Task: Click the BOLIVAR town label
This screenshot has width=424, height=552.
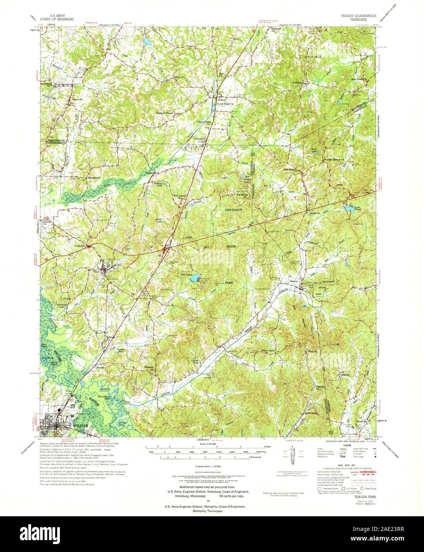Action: [x=79, y=425]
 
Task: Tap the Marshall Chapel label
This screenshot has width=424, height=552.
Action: [x=164, y=113]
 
